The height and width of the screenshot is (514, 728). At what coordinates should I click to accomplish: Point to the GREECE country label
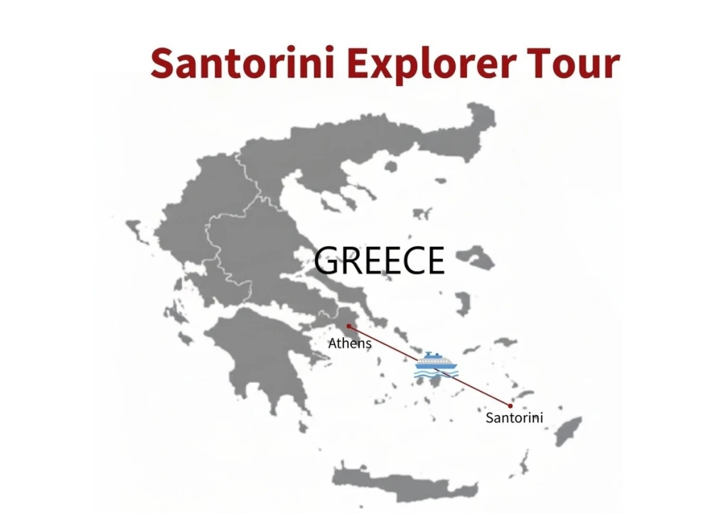(x=379, y=261)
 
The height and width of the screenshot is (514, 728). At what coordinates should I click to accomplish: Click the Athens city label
(x=350, y=344)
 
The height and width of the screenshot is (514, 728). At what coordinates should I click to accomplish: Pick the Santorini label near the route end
(x=514, y=418)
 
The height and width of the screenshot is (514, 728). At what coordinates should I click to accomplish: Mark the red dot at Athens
(x=348, y=326)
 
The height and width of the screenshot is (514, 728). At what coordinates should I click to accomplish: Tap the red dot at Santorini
(x=510, y=406)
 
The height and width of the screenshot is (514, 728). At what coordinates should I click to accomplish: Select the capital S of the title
(x=164, y=64)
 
